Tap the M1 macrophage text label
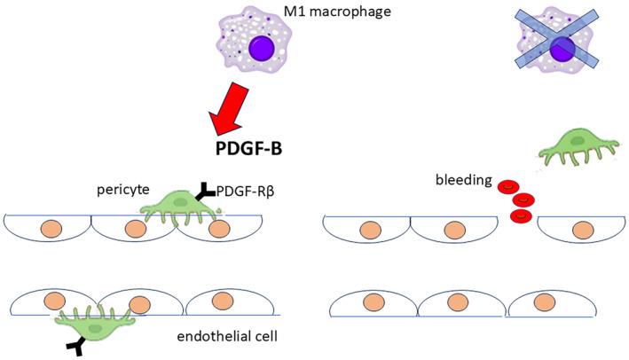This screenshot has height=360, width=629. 311,12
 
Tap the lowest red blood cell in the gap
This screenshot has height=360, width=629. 521,215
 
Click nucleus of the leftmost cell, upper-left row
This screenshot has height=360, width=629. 47,229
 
